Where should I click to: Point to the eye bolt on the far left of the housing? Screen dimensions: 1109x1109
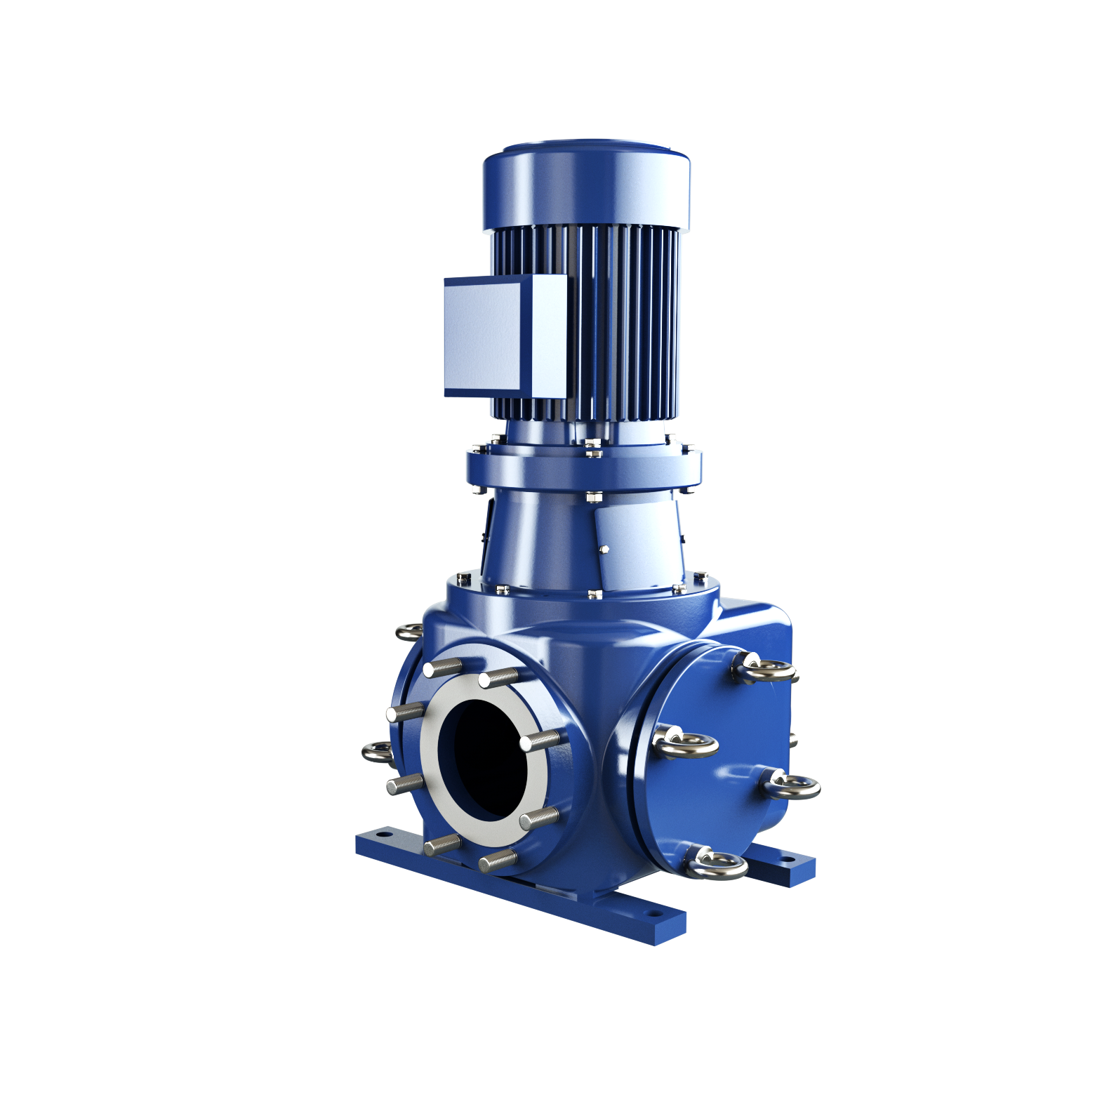(378, 754)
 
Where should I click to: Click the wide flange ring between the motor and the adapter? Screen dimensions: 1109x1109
(584, 467)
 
